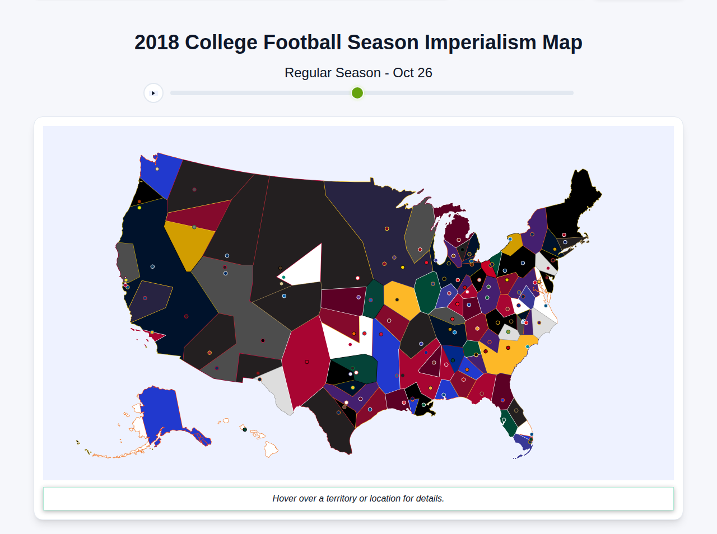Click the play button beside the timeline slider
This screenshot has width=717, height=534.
pyautogui.click(x=153, y=93)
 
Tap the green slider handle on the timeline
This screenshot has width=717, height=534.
pyautogui.click(x=357, y=93)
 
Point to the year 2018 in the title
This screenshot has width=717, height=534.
pyautogui.click(x=157, y=43)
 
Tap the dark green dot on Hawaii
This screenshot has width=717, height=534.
pyautogui.click(x=245, y=429)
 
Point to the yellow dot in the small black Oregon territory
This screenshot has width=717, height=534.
pyautogui.click(x=139, y=208)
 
